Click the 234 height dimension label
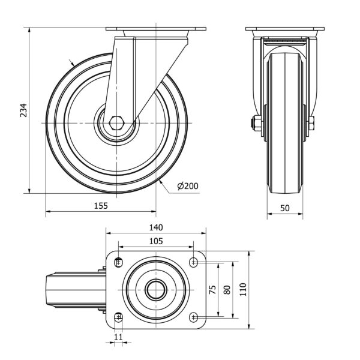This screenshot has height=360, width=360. coord(23,110)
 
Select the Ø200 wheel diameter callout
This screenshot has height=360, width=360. coord(188,186)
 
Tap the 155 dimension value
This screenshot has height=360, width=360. coord(101,206)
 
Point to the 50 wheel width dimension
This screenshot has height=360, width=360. coord(285,208)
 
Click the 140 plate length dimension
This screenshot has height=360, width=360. coord(156,227)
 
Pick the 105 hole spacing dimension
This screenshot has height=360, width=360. coord(156,241)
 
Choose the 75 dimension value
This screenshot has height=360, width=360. coord(213,290)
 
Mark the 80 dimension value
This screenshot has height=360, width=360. coord(227,290)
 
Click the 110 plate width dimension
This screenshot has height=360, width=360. coord(243,290)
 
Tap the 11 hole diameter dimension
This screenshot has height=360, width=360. coord(118,337)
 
